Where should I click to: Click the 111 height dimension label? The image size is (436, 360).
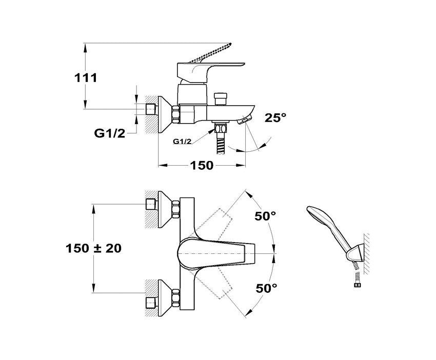coord(86,78)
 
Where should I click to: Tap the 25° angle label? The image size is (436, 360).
coord(275,118)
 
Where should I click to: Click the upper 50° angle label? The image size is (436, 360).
coord(265,216)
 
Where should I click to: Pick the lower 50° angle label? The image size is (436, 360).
coord(266,288)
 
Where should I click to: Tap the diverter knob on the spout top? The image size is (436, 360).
coord(221,97)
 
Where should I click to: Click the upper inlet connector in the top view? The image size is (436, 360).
coord(151,203)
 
